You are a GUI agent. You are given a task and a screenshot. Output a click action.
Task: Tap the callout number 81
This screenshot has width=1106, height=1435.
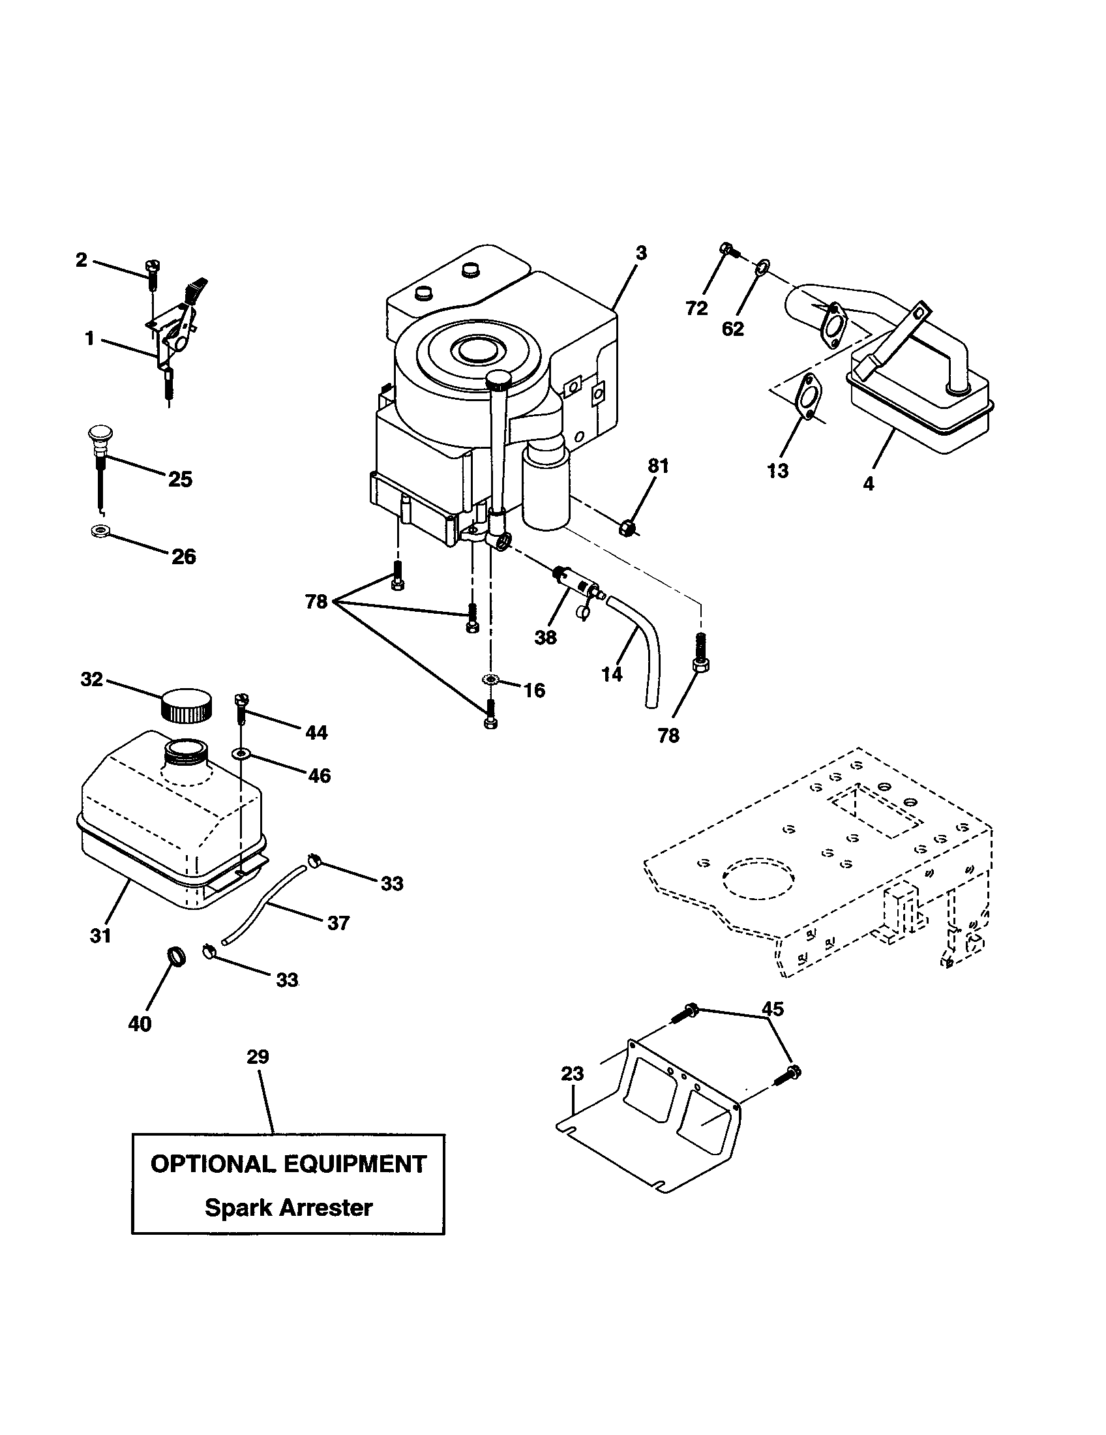coord(658,466)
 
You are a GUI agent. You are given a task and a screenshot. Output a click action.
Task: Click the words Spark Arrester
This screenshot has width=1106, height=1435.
coord(288,1207)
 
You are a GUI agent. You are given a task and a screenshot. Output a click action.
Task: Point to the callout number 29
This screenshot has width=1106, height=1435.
coord(258,1057)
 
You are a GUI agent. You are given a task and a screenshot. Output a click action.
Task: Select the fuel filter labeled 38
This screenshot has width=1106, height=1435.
coord(575,580)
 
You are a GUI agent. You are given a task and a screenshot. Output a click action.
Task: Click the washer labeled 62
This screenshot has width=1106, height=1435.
coord(762,266)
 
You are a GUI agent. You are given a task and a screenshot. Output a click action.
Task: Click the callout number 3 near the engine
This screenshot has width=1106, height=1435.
coord(642,253)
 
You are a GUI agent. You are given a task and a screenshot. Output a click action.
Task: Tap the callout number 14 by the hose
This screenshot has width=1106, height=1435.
coord(612,675)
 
